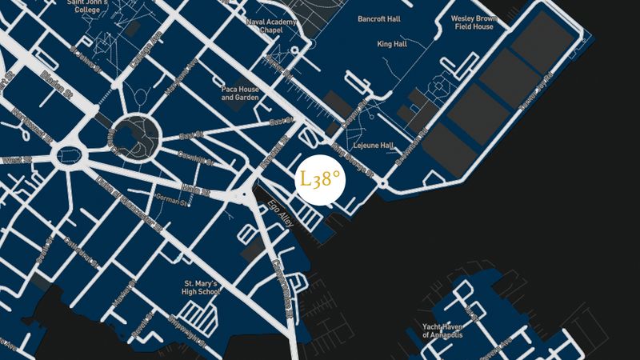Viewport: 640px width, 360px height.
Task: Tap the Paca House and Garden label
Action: (x=240, y=93)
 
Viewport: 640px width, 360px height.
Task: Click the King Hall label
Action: (x=392, y=44)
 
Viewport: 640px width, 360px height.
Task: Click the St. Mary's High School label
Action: (x=202, y=288)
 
